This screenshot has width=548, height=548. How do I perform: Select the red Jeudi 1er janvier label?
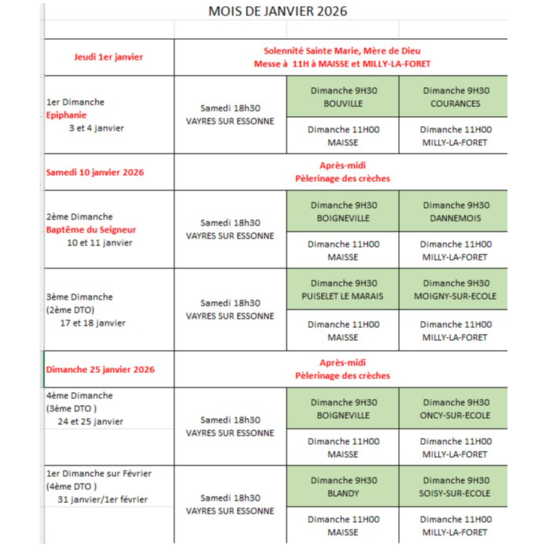[109, 57]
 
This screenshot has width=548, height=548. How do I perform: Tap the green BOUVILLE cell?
[343, 97]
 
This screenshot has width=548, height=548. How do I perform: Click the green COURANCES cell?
[456, 97]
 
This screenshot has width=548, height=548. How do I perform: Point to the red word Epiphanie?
[68, 115]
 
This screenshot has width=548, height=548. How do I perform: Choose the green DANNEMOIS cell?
[456, 212]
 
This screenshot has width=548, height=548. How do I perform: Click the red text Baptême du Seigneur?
[91, 230]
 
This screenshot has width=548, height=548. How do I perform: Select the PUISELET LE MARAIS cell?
[343, 290]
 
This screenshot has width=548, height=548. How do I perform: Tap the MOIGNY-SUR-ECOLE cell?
[456, 290]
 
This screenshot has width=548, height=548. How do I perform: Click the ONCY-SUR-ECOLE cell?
[456, 409]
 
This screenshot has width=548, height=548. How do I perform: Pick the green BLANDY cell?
[343, 487]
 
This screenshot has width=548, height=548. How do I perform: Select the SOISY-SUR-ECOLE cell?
[456, 487]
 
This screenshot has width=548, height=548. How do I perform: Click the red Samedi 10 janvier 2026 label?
[95, 172]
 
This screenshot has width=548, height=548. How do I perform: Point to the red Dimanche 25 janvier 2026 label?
[100, 369]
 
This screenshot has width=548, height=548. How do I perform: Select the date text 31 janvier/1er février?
[102, 500]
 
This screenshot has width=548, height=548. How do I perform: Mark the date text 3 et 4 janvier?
[96, 128]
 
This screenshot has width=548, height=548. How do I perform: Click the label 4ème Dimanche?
[79, 396]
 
